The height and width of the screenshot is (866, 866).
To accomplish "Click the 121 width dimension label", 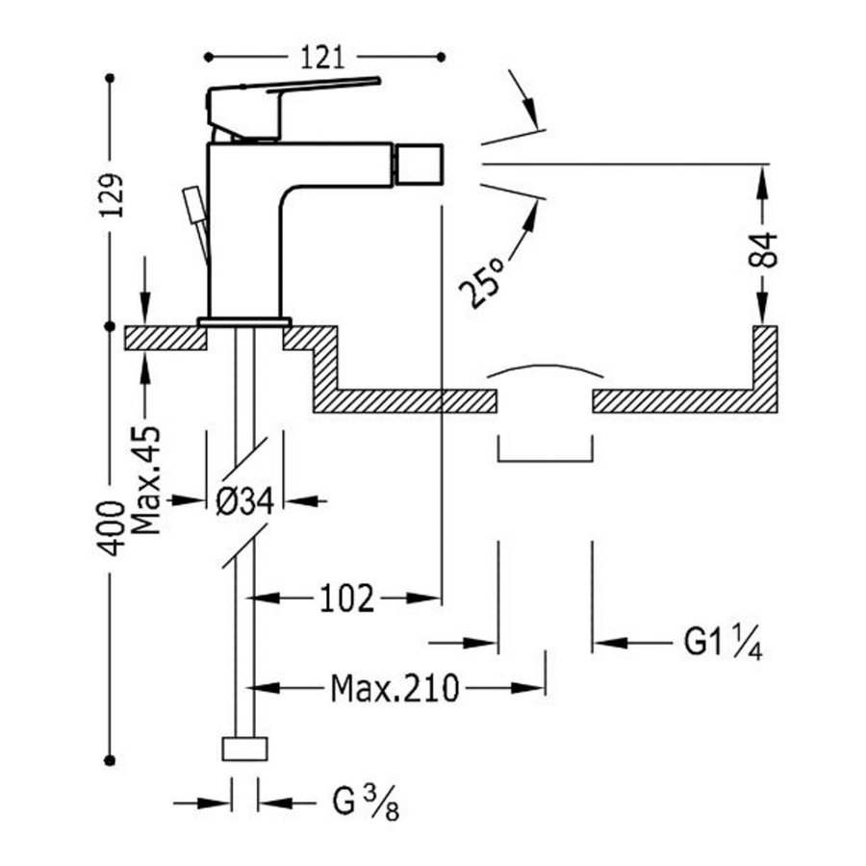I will tap(322, 57).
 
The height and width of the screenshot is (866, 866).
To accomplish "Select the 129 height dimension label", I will tap(113, 200).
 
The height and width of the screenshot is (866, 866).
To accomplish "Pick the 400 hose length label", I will tap(113, 528).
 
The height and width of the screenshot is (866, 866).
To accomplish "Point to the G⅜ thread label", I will tap(364, 802).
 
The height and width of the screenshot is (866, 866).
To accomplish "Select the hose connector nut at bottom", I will tap(244, 750).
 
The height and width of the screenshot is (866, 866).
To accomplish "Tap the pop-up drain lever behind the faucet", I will tap(197, 216).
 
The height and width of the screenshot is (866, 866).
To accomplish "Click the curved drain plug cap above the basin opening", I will tap(545, 370).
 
